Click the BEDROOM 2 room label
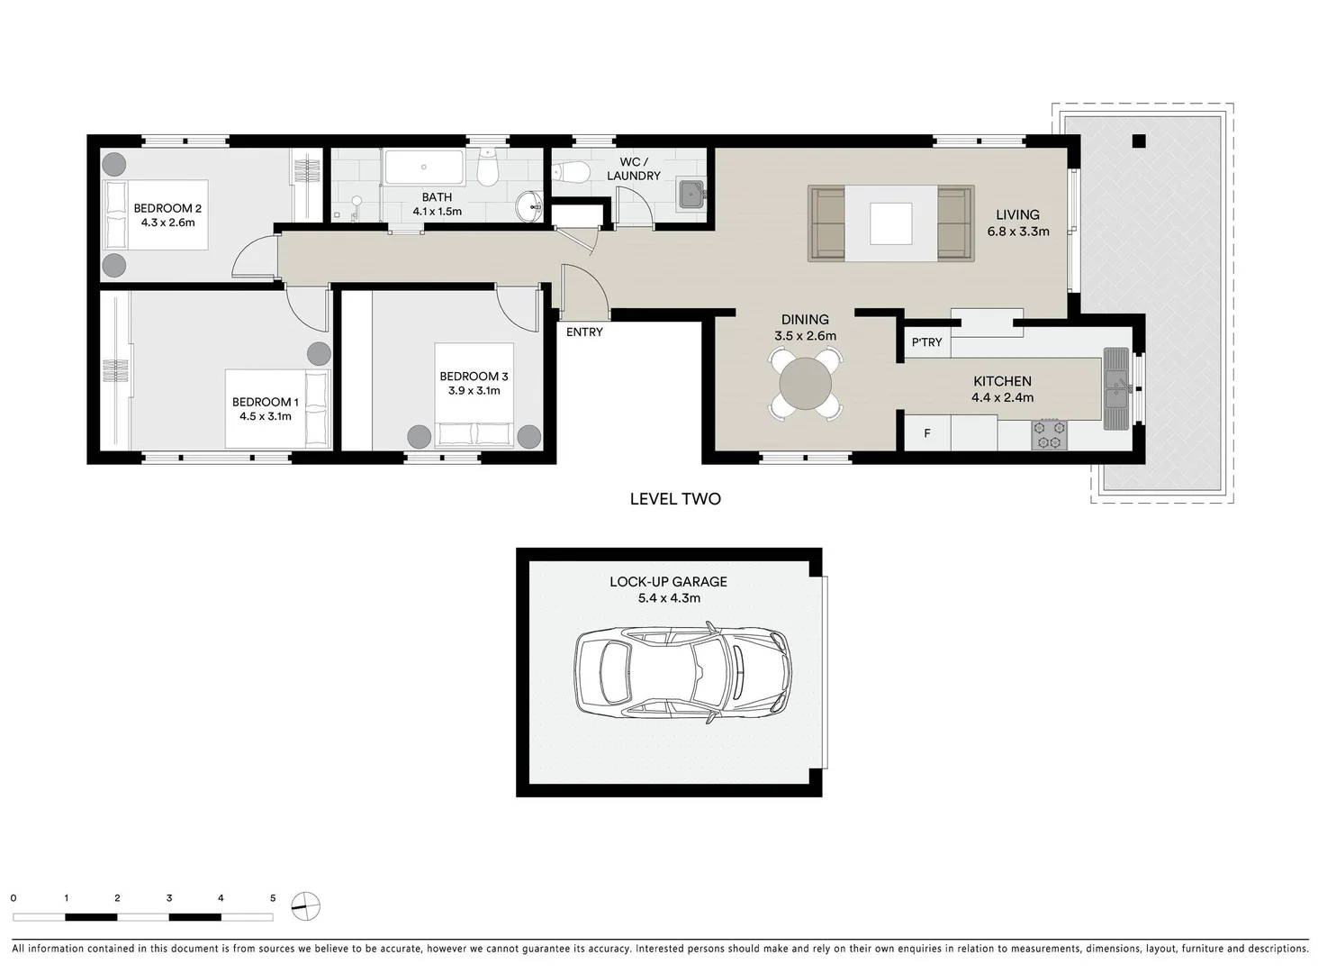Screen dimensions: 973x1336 point(167,208)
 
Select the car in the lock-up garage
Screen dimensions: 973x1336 point(683,670)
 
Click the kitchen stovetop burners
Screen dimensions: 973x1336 point(1050,434)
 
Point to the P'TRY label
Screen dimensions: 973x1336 point(926,342)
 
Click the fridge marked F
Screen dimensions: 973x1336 point(927,433)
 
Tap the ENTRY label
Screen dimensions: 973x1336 point(584,332)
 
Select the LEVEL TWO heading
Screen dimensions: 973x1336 point(675,499)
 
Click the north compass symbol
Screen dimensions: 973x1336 point(306,905)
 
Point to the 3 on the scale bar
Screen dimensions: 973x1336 point(169,898)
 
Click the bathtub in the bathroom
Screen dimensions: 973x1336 point(424,167)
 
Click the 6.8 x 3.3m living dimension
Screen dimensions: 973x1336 point(1018,232)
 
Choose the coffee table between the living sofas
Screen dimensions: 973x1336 point(890,223)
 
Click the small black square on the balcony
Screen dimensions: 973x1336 point(1139,141)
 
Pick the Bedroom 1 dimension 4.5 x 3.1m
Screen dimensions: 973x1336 point(266,417)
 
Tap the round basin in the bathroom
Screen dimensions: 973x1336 point(529,206)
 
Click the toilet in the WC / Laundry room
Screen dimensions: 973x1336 point(570,171)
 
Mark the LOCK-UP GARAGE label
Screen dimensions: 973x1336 point(668,582)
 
